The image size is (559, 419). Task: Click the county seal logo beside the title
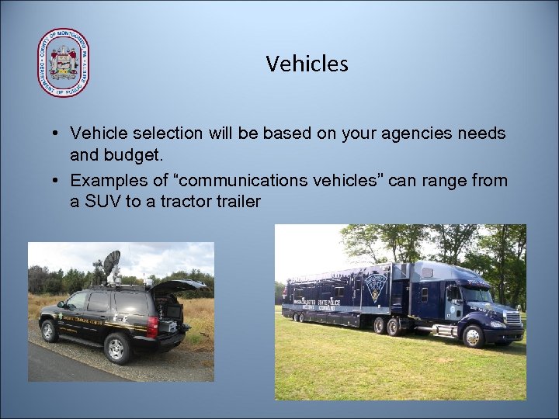[x=63, y=63]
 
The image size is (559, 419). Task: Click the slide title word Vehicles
[x=307, y=64]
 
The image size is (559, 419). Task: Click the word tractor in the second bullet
[x=172, y=202]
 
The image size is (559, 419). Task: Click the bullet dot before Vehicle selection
[x=58, y=134]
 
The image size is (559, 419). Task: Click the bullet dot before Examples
[x=58, y=182]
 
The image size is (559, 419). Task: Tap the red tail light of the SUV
[x=153, y=326]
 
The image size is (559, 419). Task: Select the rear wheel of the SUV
[x=116, y=348]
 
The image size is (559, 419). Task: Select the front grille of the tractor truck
[x=512, y=318]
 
